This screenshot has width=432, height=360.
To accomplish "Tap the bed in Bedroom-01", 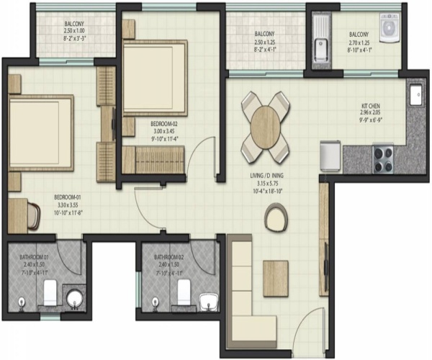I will coord(40,133).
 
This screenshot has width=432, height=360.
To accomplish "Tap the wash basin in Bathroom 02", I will coord(208,299).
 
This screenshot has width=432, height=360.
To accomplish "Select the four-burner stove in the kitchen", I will coord(383,158).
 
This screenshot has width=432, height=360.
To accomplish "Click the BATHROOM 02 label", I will coord(169,256).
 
